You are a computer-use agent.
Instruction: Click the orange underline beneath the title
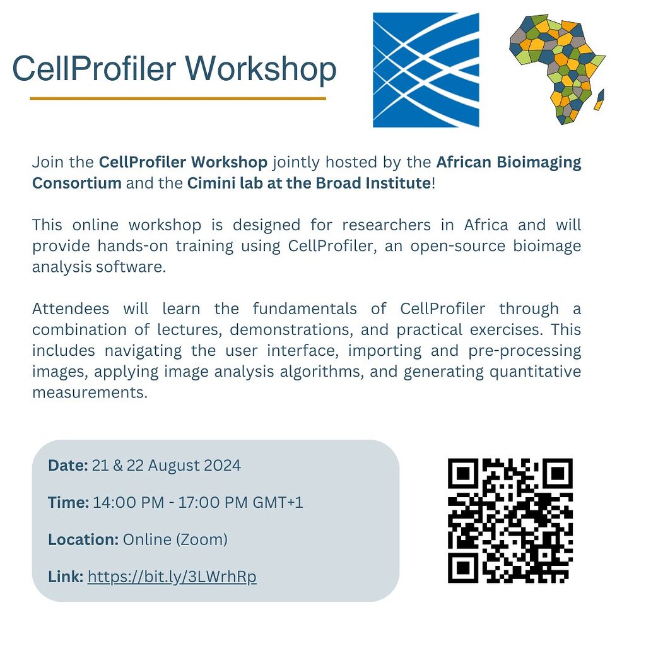tap(177, 98)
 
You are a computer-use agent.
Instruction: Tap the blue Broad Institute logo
tap(426, 70)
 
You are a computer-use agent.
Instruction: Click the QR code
tap(510, 520)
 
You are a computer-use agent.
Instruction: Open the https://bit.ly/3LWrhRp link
tap(172, 577)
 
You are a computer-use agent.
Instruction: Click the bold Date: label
tap(68, 466)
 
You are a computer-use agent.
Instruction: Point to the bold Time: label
tap(68, 503)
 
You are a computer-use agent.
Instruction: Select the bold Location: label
tap(83, 540)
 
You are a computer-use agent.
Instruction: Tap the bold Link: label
tap(66, 577)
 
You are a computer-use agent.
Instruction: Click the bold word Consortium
tap(76, 184)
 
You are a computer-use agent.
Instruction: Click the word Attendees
tap(70, 309)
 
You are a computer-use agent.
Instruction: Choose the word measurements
tap(89, 392)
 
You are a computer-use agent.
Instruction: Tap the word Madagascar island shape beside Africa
tap(599, 99)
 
